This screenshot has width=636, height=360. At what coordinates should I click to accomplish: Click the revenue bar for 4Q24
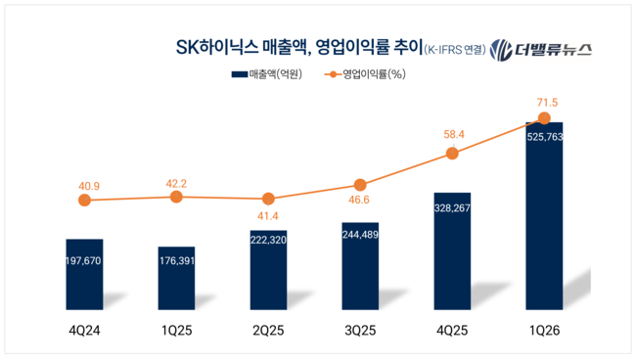pyautogui.click(x=84, y=276)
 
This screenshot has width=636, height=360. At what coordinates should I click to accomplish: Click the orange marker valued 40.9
pyautogui.click(x=84, y=201)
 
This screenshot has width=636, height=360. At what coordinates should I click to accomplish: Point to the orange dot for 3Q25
pyautogui.click(x=360, y=185)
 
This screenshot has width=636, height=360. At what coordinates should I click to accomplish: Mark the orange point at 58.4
pyautogui.click(x=452, y=154)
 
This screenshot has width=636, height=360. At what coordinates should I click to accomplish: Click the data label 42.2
pyautogui.click(x=176, y=180)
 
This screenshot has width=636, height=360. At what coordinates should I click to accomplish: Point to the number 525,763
pyautogui.click(x=545, y=138)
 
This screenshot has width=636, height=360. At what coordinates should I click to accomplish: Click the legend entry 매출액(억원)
pyautogui.click(x=267, y=74)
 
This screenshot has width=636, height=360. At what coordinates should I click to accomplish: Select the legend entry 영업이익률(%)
pyautogui.click(x=366, y=74)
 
